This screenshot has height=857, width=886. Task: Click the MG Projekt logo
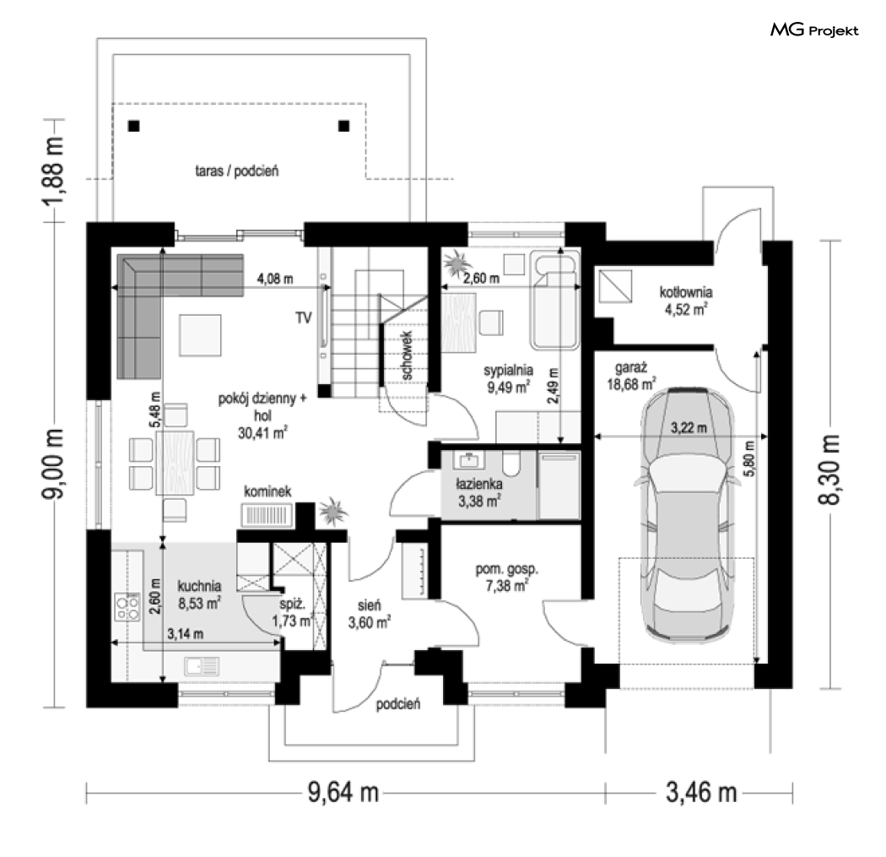pyautogui.click(x=814, y=30)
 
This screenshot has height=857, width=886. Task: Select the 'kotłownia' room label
pyautogui.click(x=686, y=292)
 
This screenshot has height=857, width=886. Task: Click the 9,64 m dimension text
pyautogui.click(x=343, y=792)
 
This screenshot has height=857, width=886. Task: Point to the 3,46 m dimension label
pyautogui.click(x=701, y=792)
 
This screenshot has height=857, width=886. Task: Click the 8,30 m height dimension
pyautogui.click(x=829, y=469)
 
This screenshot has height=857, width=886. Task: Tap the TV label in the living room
pyautogui.click(x=304, y=317)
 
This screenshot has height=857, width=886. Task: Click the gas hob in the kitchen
pyautogui.click(x=127, y=606)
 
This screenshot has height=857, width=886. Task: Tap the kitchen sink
pyautogui.click(x=202, y=666)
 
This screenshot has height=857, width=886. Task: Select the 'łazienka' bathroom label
pyautogui.click(x=479, y=484)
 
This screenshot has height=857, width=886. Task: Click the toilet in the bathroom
pyautogui.click(x=511, y=463)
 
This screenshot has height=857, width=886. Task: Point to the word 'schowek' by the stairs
pyautogui.click(x=407, y=355)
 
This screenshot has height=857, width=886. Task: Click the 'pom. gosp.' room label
pyautogui.click(x=507, y=569)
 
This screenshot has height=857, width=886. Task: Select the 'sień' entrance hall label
pyautogui.click(x=369, y=605)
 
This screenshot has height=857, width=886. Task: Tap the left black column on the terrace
pyautogui.click(x=134, y=126)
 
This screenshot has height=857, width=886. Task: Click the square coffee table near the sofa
pyautogui.click(x=200, y=335)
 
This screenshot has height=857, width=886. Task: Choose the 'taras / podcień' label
pyautogui.click(x=237, y=171)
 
